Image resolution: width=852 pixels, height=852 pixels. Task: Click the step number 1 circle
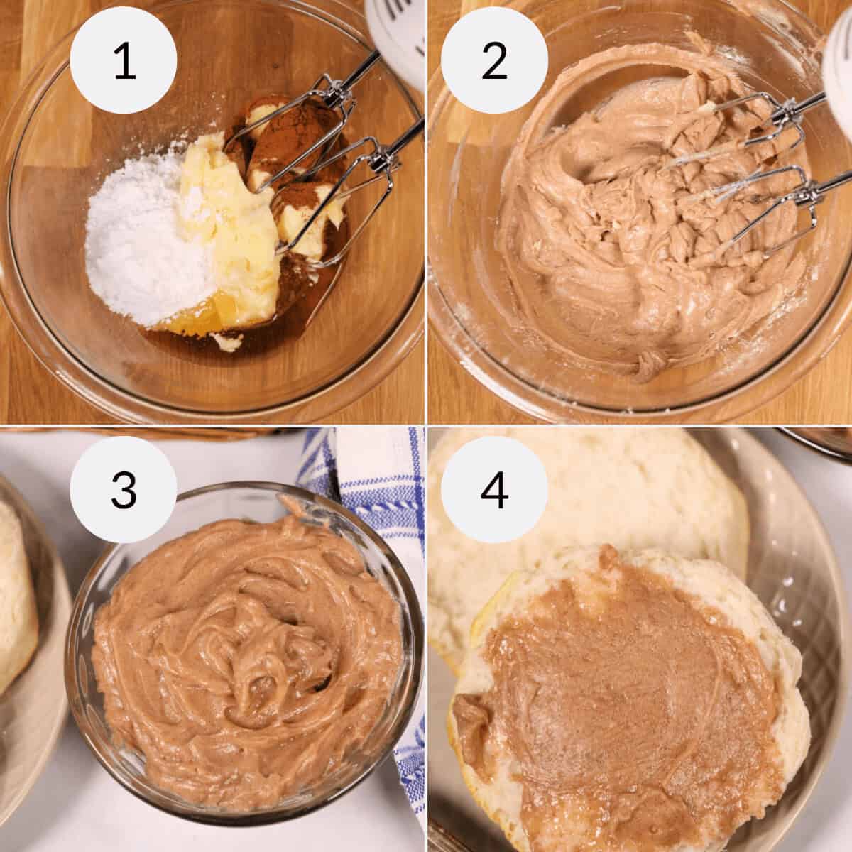124,60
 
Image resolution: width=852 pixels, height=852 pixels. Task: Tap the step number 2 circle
494,60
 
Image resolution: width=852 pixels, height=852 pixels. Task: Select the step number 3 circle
124,489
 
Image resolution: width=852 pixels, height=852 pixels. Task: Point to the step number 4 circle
494,489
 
